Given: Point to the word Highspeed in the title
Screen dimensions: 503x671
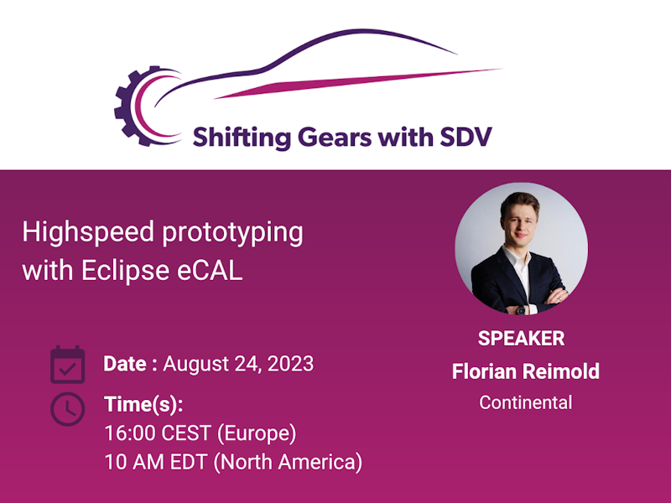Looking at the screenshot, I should click(86, 232).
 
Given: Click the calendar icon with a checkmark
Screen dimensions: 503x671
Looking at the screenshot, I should click(67, 364).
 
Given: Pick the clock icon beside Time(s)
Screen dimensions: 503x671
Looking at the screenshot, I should click(67, 408).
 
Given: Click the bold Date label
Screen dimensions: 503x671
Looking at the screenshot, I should click(130, 364).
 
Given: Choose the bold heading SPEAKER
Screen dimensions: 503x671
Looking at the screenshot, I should click(521, 338).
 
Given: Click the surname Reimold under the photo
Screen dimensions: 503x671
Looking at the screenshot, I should click(562, 371).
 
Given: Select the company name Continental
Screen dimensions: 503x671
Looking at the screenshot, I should click(525, 402).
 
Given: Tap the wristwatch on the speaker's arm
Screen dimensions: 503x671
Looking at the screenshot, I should click(521, 309).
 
